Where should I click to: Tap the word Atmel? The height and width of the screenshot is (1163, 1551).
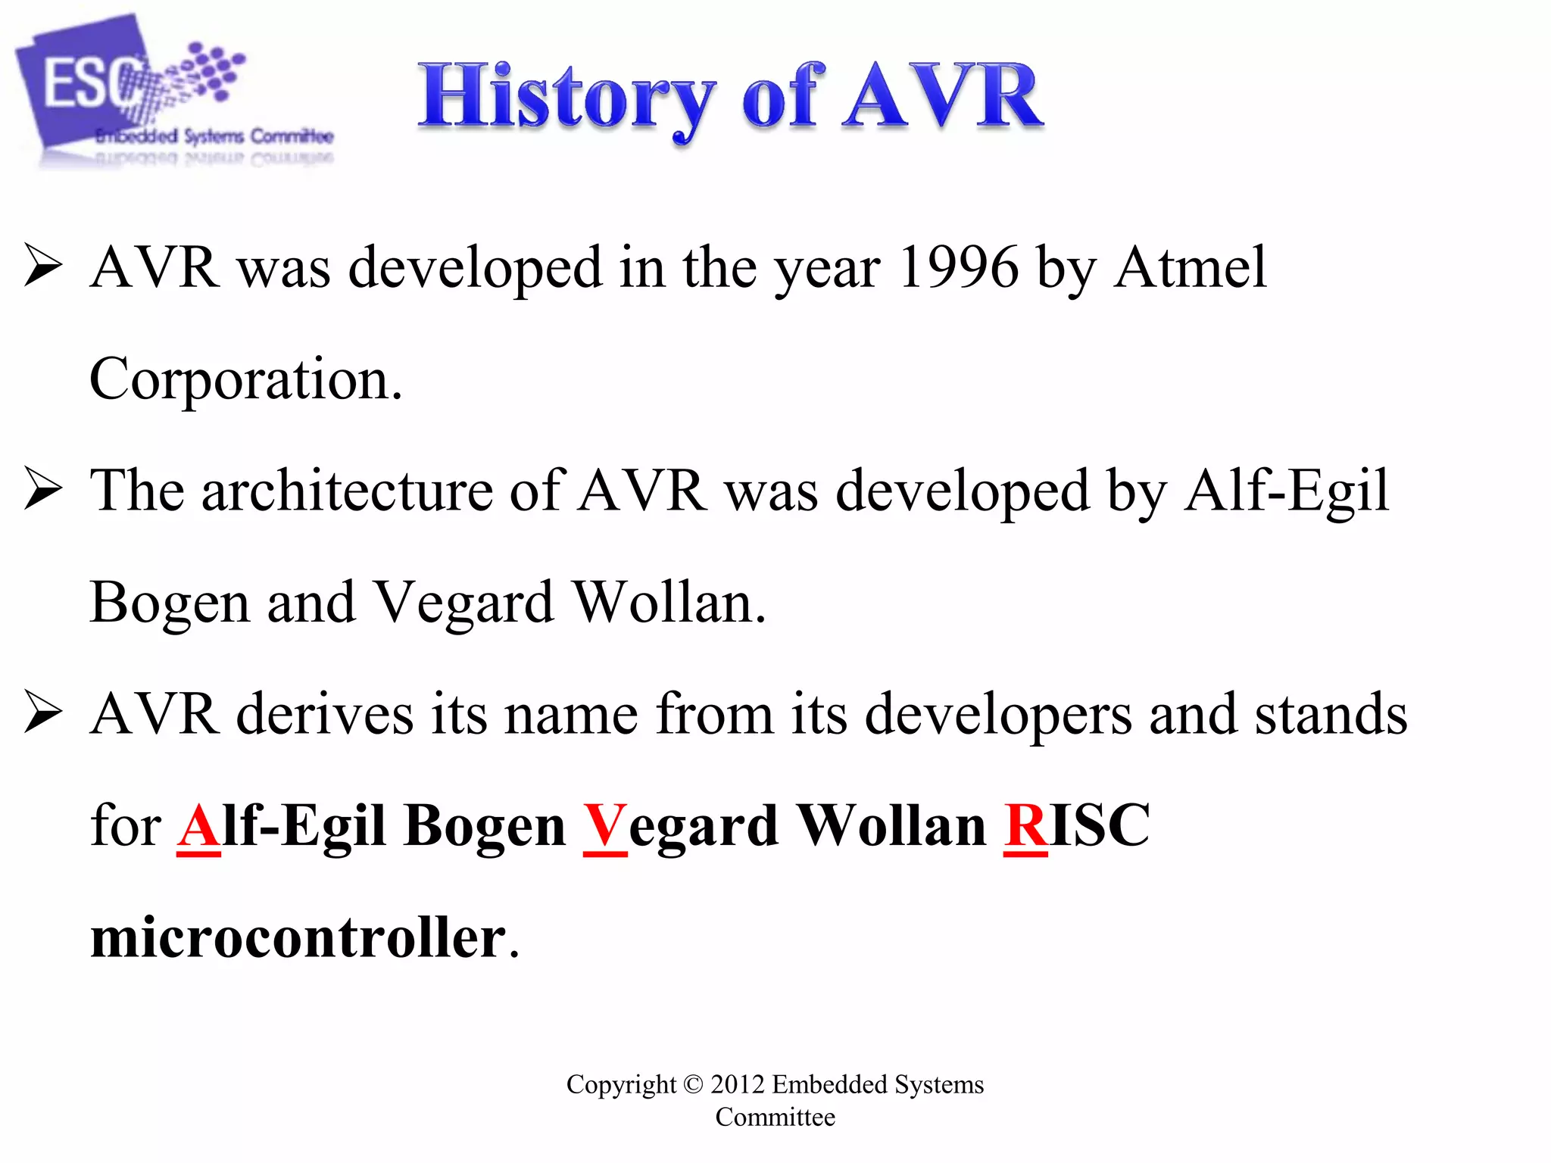(1190, 268)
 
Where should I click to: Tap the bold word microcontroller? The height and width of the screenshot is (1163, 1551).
(298, 937)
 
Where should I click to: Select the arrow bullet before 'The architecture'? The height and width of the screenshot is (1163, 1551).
(42, 488)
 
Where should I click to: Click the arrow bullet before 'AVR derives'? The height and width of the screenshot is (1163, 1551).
(42, 712)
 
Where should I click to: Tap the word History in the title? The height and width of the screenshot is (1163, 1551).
(566, 98)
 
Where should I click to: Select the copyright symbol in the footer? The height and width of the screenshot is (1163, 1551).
(693, 1084)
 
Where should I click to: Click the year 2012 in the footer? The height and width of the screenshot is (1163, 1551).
(737, 1084)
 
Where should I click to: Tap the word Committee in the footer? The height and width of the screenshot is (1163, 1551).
(775, 1118)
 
